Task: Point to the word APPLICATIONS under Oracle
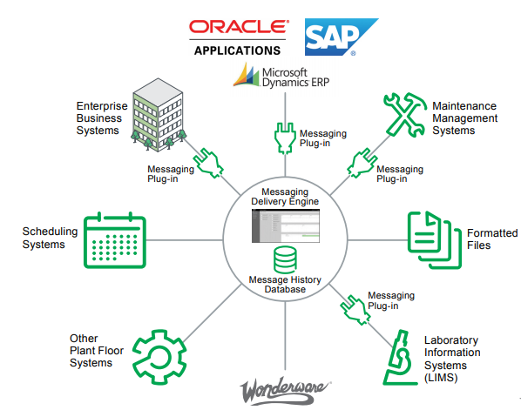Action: (x=236, y=50)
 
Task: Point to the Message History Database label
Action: (x=285, y=284)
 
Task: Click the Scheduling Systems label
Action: (x=50, y=238)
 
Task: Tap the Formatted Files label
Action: (x=491, y=239)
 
